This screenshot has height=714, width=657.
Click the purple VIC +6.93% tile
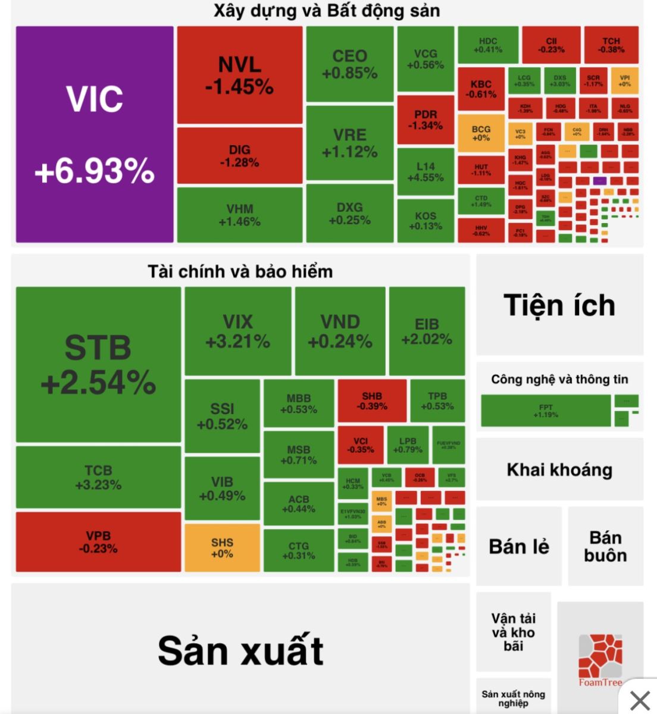click(95, 134)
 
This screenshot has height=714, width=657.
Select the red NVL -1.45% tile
click(239, 75)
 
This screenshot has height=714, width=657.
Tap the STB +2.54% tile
click(98, 364)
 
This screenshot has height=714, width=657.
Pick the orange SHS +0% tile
click(222, 548)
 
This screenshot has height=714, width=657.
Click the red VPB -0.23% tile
click(98, 542)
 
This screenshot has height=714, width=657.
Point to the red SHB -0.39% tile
click(372, 401)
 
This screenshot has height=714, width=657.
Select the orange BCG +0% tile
click(481, 133)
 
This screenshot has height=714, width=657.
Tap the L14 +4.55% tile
click(426, 172)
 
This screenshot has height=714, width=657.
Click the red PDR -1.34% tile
click(426, 120)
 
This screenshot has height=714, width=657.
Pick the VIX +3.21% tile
click(237, 331)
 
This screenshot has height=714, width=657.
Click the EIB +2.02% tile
click(427, 331)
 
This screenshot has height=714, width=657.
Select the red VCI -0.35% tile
click(361, 445)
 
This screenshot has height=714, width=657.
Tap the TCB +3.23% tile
click(98, 477)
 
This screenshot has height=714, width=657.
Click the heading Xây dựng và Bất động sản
click(327, 11)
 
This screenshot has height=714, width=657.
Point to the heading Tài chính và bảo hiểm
click(240, 272)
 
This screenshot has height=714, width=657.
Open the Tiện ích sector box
click(559, 305)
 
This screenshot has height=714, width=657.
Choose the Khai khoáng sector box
click(559, 470)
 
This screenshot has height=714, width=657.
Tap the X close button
click(640, 700)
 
